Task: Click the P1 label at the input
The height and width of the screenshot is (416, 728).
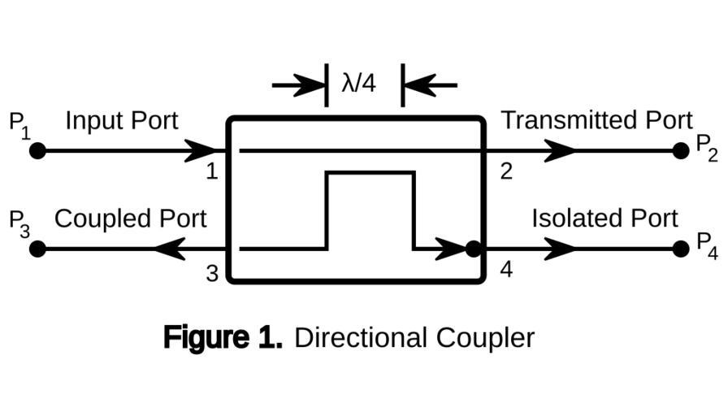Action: (19, 124)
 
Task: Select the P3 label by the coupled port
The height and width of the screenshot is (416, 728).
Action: (19, 223)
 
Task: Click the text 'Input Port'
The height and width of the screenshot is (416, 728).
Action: (122, 121)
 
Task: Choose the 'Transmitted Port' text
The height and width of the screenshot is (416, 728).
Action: (596, 120)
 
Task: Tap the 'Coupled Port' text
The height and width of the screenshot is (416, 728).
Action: (130, 219)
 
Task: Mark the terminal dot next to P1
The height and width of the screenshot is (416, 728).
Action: (37, 151)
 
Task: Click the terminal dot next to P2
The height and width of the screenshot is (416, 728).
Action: (681, 151)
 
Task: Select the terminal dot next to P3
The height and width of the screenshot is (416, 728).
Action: (37, 249)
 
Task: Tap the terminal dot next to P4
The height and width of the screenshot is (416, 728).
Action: (681, 249)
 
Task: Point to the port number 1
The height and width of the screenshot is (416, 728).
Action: (211, 172)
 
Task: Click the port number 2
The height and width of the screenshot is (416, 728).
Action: (506, 172)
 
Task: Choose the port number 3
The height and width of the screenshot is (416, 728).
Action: (211, 273)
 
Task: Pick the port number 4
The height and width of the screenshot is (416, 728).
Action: (506, 269)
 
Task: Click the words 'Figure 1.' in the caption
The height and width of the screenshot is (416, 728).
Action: (223, 337)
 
